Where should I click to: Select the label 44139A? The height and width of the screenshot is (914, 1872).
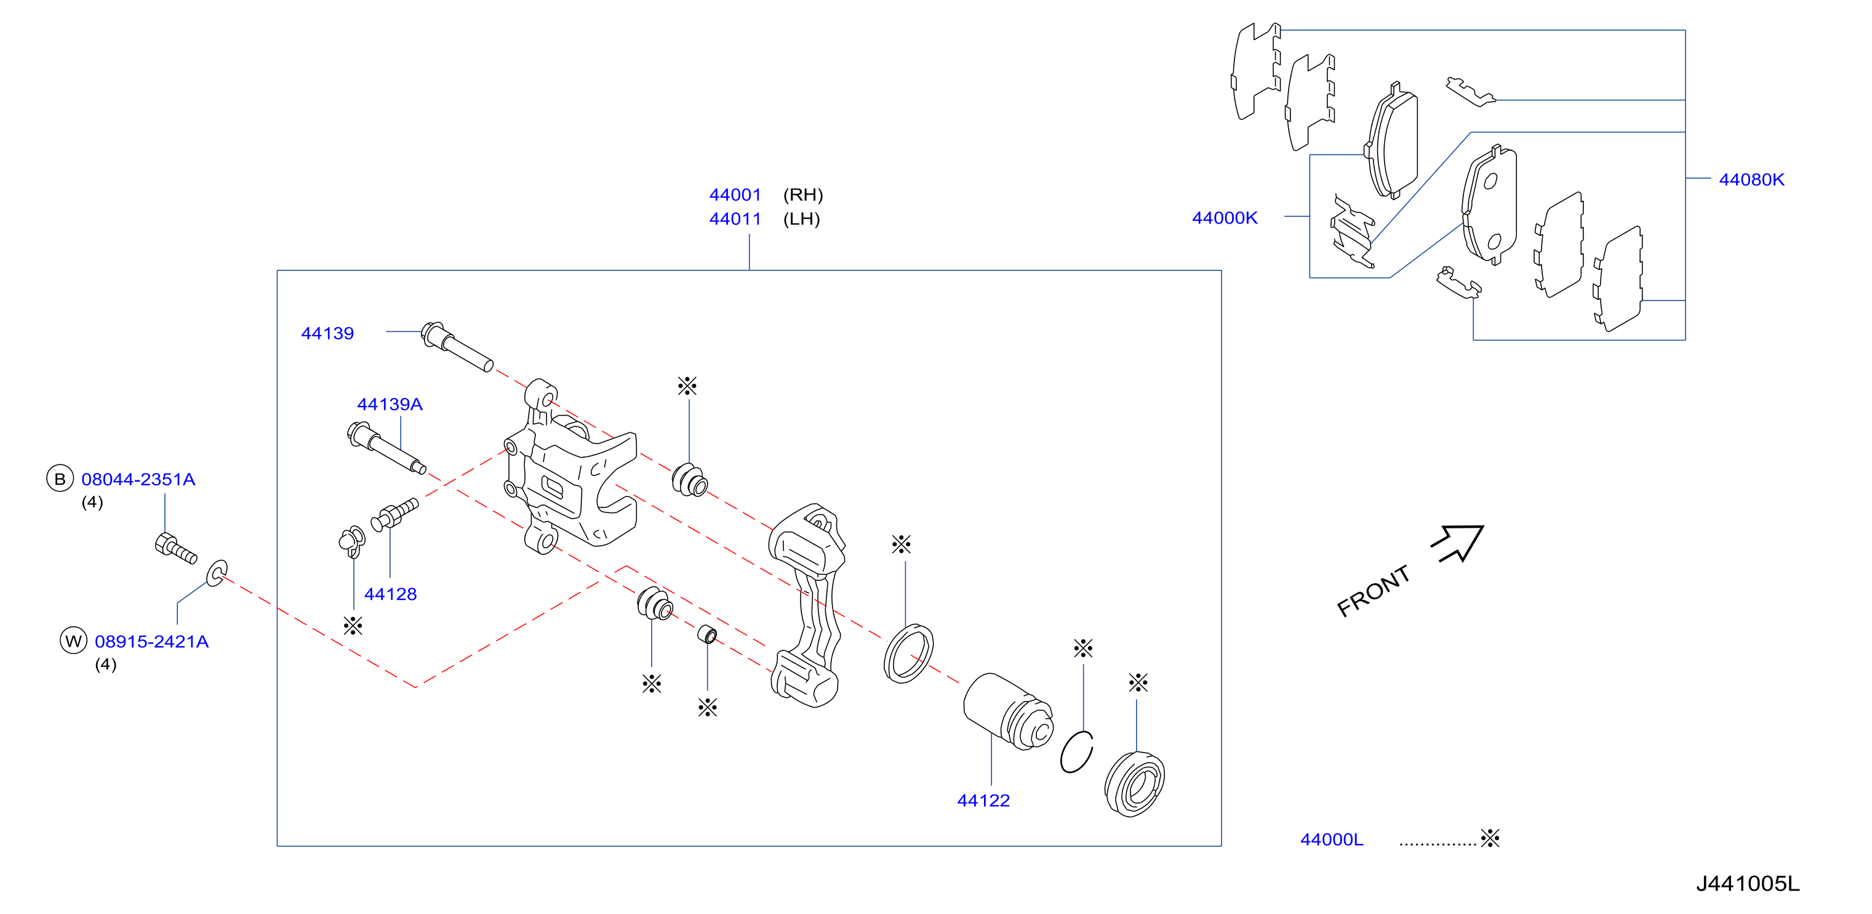coord(390,404)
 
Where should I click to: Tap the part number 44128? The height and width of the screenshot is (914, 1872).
coord(390,594)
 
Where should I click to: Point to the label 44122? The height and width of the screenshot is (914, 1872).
coord(983,801)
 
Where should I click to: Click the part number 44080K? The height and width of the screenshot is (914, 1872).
coord(1751,180)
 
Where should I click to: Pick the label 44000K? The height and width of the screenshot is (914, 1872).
coord(1225,218)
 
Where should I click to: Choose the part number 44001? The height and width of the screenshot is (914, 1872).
coord(735,195)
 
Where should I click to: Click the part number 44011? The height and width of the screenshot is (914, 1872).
coord(735,219)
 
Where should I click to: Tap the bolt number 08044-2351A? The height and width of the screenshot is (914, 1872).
coord(138,479)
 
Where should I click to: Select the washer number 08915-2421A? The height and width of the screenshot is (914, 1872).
coord(152,641)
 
